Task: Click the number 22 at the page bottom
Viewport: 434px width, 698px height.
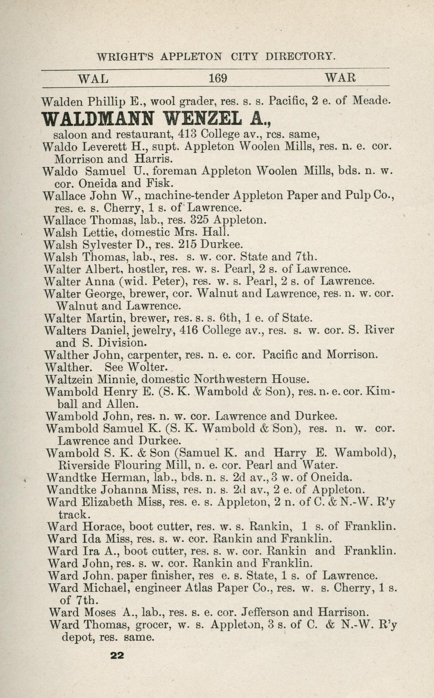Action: point(117,655)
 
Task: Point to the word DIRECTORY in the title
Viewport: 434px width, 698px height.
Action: point(300,57)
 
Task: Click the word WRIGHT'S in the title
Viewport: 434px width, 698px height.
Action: point(125,57)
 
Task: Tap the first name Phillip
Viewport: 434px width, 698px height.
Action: point(106,102)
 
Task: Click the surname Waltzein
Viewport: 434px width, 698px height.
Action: point(69,379)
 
